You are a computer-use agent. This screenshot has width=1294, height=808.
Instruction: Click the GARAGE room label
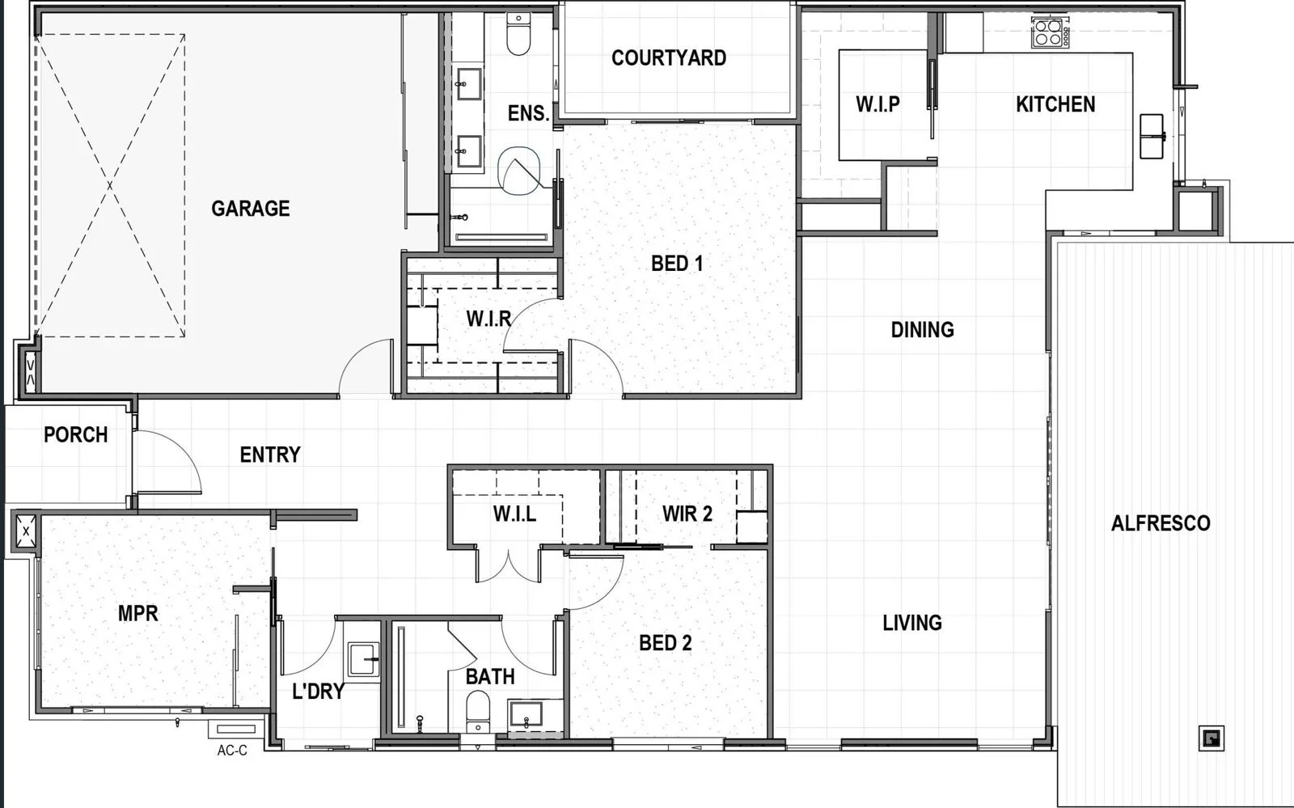coord(250,209)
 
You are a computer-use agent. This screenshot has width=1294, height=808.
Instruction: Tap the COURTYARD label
coord(668,57)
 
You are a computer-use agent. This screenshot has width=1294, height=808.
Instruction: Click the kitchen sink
coord(1152,137)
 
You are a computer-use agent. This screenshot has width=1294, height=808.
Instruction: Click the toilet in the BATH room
coord(478,711)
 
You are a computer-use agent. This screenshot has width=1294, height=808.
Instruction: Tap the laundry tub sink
coord(363,659)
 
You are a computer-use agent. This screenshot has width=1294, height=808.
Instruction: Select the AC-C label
coord(232,751)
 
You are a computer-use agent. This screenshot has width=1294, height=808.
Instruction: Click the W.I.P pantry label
coord(877,104)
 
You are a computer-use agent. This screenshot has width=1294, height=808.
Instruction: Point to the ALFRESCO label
coord(1161,523)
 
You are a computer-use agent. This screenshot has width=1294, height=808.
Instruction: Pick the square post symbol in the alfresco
coord(1212,738)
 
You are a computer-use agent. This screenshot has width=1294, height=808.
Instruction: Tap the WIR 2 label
coord(687,514)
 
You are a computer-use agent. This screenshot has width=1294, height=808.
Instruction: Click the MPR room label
coord(138,613)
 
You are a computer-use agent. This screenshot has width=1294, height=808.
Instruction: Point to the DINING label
coord(923,330)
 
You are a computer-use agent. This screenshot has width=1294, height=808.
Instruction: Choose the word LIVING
coord(912,623)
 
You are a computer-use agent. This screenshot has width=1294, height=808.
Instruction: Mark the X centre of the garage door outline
coord(110,185)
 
